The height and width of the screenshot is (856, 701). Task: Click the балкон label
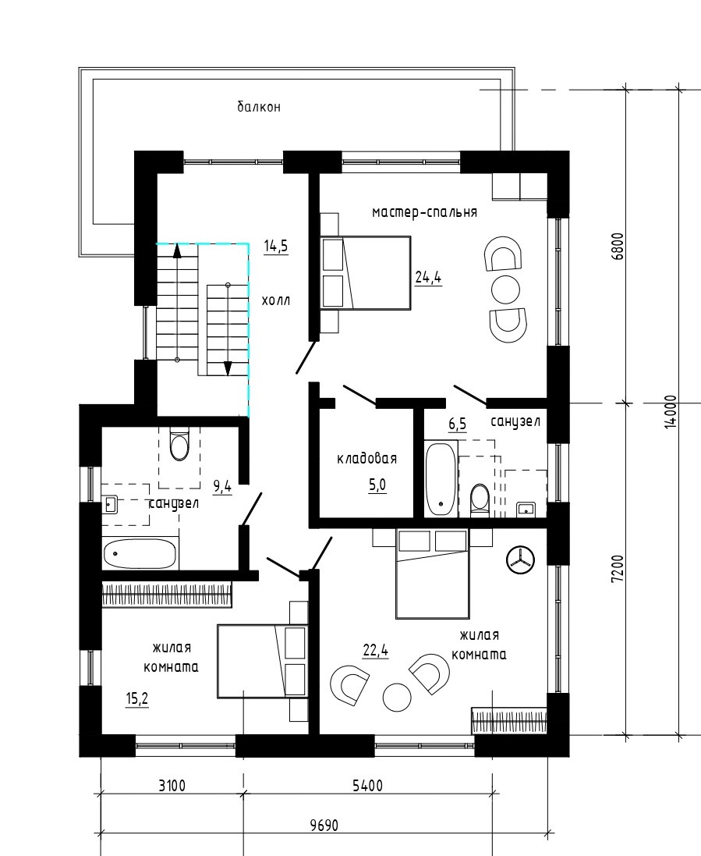[259, 107]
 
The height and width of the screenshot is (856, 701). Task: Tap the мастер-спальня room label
[424, 211]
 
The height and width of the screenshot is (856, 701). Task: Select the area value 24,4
[428, 277]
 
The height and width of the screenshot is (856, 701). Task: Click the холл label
[276, 300]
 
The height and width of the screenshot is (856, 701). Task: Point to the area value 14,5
[276, 247]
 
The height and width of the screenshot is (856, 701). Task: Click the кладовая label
[366, 459]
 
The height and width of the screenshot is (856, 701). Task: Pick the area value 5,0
[377, 485]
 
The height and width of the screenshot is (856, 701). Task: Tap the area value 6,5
[458, 424]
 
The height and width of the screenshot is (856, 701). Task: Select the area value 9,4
[222, 486]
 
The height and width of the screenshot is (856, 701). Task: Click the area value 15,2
[137, 698]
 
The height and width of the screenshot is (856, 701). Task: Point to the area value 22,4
[376, 651]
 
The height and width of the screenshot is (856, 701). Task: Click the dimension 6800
[618, 247]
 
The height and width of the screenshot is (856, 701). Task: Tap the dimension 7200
[618, 570]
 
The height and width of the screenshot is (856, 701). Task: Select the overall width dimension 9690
[324, 825]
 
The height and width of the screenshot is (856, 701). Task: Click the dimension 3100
[172, 786]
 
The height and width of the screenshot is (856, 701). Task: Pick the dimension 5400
[368, 786]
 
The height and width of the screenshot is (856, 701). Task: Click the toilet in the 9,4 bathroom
[179, 444]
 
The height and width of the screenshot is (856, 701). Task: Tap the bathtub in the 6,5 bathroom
[441, 479]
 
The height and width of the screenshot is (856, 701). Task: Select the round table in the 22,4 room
[397, 697]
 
